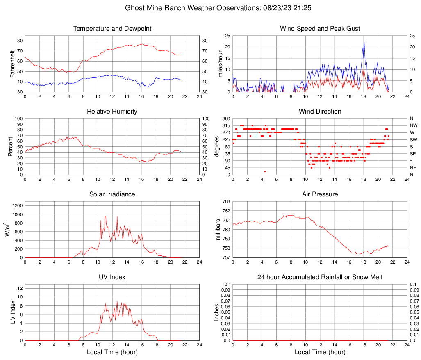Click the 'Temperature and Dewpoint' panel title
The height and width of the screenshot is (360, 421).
pyautogui.click(x=112, y=29)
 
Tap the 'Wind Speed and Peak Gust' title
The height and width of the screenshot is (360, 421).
pyautogui.click(x=320, y=29)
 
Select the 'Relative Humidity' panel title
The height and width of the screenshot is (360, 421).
pyautogui.click(x=112, y=112)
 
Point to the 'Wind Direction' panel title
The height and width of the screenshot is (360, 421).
pyautogui.click(x=320, y=112)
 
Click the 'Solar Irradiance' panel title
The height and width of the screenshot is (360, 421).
pyautogui.click(x=112, y=194)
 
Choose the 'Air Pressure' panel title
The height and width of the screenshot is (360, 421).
pyautogui.click(x=320, y=194)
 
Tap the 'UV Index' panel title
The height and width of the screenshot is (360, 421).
pyautogui.click(x=112, y=277)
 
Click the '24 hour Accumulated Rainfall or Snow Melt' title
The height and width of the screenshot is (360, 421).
pyautogui.click(x=320, y=277)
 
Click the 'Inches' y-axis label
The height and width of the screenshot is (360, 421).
pyautogui.click(x=217, y=312)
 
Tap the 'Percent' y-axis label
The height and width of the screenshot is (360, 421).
pyautogui.click(x=10, y=146)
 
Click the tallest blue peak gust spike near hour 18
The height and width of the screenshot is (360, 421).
pyautogui.click(x=364, y=43)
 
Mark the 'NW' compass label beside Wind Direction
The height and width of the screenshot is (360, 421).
pyautogui.click(x=413, y=125)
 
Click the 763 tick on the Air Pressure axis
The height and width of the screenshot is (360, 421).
pyautogui.click(x=226, y=201)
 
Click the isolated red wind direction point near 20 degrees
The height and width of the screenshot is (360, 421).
pyautogui.click(x=265, y=171)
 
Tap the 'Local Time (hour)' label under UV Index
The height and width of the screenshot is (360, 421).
pyautogui.click(x=112, y=352)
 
